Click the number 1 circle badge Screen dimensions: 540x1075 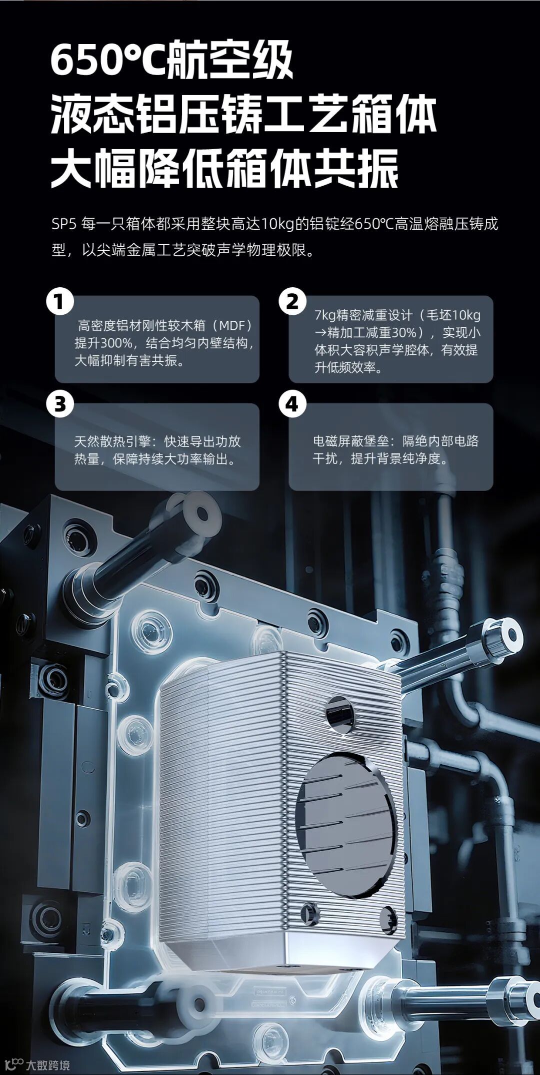point(60,302)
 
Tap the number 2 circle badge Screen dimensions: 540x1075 point(292,302)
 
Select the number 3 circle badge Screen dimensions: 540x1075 point(60,404)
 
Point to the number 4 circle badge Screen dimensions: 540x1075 point(292,404)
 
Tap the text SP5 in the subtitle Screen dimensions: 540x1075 point(63,224)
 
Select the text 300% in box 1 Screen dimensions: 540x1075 point(116,343)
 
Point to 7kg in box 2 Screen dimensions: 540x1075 point(325,315)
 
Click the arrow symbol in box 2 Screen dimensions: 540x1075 point(320,333)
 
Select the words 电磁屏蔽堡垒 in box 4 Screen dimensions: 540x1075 point(351,441)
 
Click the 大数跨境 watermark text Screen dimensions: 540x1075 point(48,1065)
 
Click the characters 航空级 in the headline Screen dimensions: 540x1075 point(229,60)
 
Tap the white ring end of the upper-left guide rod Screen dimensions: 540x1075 point(201,514)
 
